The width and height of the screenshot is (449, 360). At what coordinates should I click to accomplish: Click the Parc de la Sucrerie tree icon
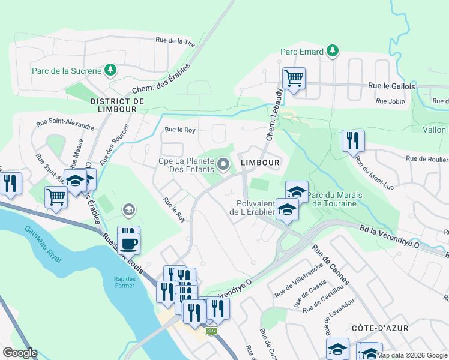(110, 71)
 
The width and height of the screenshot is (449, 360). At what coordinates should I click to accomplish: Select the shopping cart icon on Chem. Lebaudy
(294, 77)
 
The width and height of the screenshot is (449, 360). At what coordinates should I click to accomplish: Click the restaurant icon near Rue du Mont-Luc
(353, 141)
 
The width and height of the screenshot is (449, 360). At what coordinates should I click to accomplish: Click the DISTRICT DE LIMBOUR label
(117, 106)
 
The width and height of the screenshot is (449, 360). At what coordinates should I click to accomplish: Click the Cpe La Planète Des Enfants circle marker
(224, 164)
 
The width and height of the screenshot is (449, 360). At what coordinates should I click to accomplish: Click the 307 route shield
(211, 331)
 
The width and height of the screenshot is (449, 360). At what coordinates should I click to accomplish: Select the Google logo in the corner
(19, 353)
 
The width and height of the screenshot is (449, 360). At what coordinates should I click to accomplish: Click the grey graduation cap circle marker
(128, 209)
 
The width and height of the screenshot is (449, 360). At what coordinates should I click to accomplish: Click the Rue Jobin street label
(390, 101)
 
